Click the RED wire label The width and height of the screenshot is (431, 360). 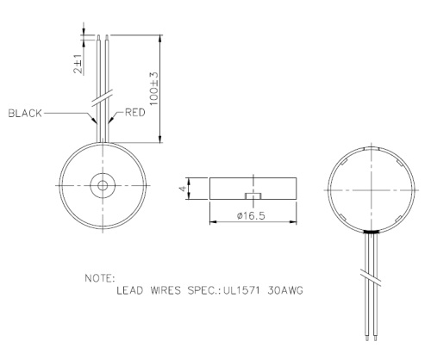tap(135, 113)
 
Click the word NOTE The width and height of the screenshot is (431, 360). tap(98, 279)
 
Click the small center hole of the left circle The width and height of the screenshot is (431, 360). tap(103, 186)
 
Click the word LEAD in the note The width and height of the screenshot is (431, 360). tap(130, 290)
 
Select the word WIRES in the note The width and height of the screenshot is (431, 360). tap(163, 290)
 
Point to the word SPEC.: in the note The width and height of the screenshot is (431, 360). tap(201, 290)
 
